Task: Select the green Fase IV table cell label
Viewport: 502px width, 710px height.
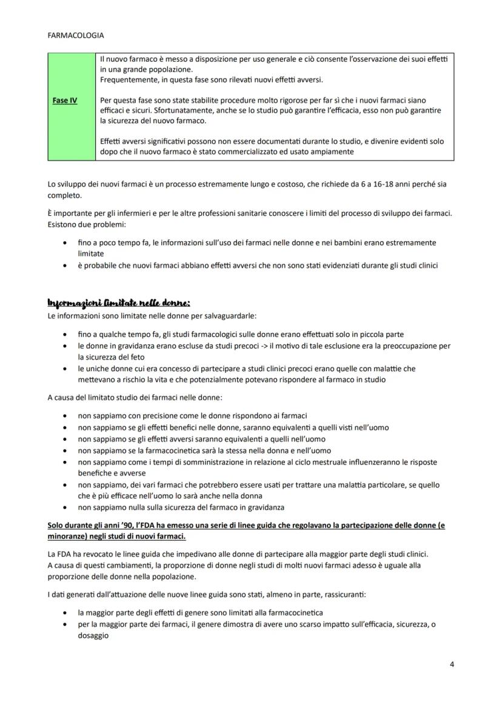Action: [x=64, y=101]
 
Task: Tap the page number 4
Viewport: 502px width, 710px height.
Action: [x=452, y=664]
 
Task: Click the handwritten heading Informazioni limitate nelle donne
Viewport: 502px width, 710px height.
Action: [x=119, y=303]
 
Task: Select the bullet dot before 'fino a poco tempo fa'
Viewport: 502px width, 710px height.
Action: [x=65, y=243]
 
